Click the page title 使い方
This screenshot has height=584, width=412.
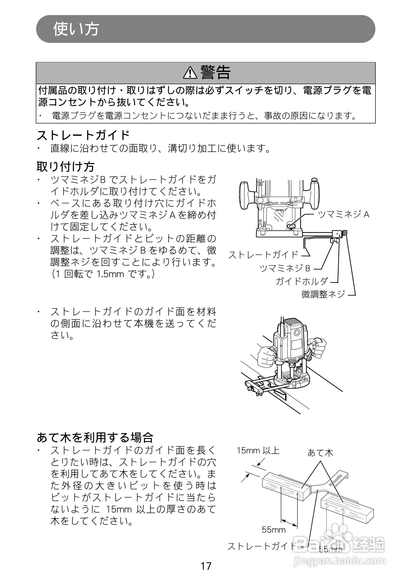click(x=76, y=29)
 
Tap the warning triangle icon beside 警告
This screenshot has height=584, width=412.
click(x=190, y=72)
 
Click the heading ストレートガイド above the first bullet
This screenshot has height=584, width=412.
click(x=83, y=135)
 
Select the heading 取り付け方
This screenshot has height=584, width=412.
click(x=65, y=167)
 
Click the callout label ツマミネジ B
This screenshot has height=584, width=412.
click(x=285, y=268)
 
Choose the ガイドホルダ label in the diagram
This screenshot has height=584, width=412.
click(x=302, y=281)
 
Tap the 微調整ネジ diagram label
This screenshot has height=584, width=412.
click(x=323, y=294)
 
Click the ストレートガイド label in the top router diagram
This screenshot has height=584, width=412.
click(x=263, y=255)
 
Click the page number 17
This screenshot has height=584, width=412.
click(x=206, y=566)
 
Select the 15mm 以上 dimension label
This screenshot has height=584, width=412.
click(x=258, y=451)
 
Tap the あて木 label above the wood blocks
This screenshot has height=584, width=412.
click(x=320, y=452)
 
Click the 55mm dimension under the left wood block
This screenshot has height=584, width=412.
click(x=274, y=530)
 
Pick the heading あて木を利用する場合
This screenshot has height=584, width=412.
click(x=95, y=438)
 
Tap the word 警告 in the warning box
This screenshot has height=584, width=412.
click(x=215, y=72)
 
